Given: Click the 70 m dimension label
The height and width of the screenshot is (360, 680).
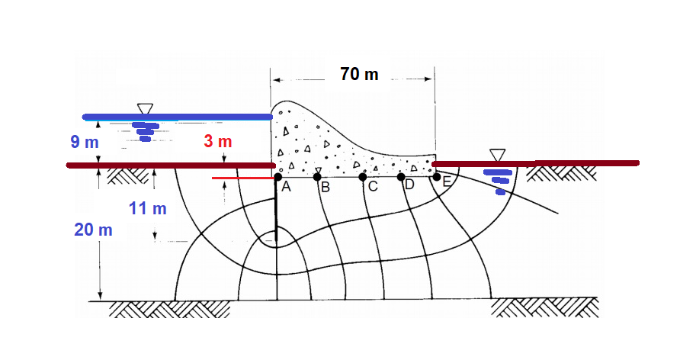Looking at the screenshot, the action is coord(359,74).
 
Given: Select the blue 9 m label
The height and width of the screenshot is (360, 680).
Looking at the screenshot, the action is coord(85,142).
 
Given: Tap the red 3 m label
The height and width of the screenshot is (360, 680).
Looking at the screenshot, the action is coord(218,141).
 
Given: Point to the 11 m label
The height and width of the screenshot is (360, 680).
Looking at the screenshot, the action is coord(147,209).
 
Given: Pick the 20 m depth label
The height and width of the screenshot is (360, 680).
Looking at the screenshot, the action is coord(93,230).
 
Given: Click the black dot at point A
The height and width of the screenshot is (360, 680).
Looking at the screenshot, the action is coord(278,177).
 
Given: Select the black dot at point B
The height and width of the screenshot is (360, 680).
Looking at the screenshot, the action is coord(317,177).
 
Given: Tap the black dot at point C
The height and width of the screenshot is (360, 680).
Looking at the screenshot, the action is coord(363,177).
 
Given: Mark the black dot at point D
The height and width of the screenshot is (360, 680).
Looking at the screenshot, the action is coord(401,177).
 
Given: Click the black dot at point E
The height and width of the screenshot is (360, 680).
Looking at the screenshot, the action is coord(437,177).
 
